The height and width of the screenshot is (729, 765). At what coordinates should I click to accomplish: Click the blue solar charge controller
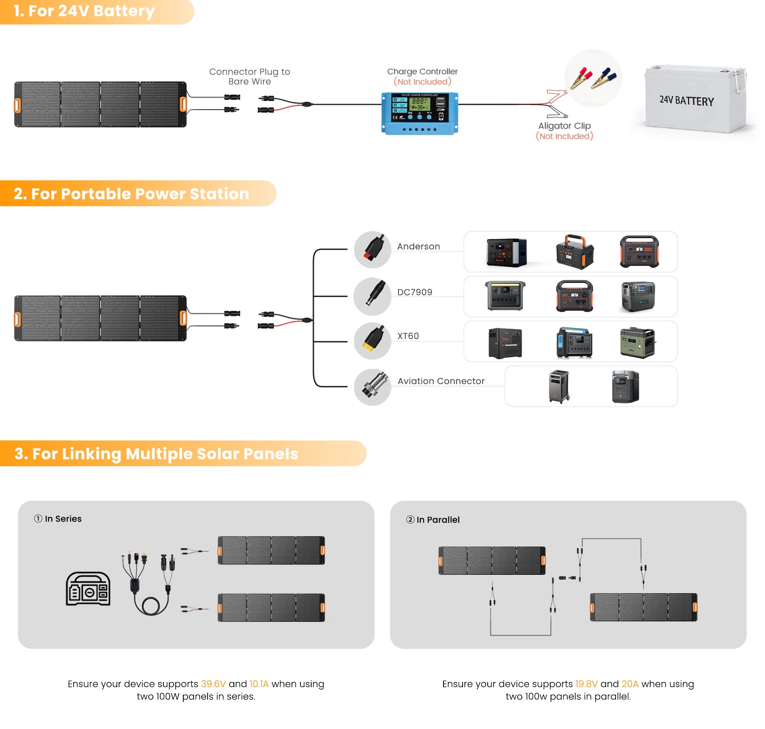pos(420,113)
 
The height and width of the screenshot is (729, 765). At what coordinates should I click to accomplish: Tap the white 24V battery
pos(695,100)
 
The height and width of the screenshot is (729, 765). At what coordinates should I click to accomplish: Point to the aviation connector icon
pos(373,387)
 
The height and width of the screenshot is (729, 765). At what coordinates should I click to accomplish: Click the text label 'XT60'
pos(408,336)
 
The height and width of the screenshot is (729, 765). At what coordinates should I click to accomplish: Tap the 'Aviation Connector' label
pos(441,381)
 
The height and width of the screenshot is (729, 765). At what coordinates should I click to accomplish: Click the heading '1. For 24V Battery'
pos(84,11)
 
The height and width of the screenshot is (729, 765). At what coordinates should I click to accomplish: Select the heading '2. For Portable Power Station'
pos(131,194)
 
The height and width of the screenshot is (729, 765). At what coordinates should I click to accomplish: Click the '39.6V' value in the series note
pos(213,684)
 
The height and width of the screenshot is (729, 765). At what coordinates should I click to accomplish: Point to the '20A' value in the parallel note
pos(630,684)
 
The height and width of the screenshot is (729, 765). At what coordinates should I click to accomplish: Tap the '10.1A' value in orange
pos(259,684)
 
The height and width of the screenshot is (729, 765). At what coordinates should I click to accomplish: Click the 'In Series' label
pos(63,518)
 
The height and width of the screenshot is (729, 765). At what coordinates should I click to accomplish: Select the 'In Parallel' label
pos(438,519)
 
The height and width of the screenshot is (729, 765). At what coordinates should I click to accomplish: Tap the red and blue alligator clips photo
pos(593,78)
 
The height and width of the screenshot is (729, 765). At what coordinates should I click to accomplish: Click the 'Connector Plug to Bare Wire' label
pos(250,76)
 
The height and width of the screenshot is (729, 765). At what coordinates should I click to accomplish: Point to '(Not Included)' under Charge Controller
pos(422,82)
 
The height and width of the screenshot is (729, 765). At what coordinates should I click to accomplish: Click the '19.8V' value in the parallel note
pos(586,684)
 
